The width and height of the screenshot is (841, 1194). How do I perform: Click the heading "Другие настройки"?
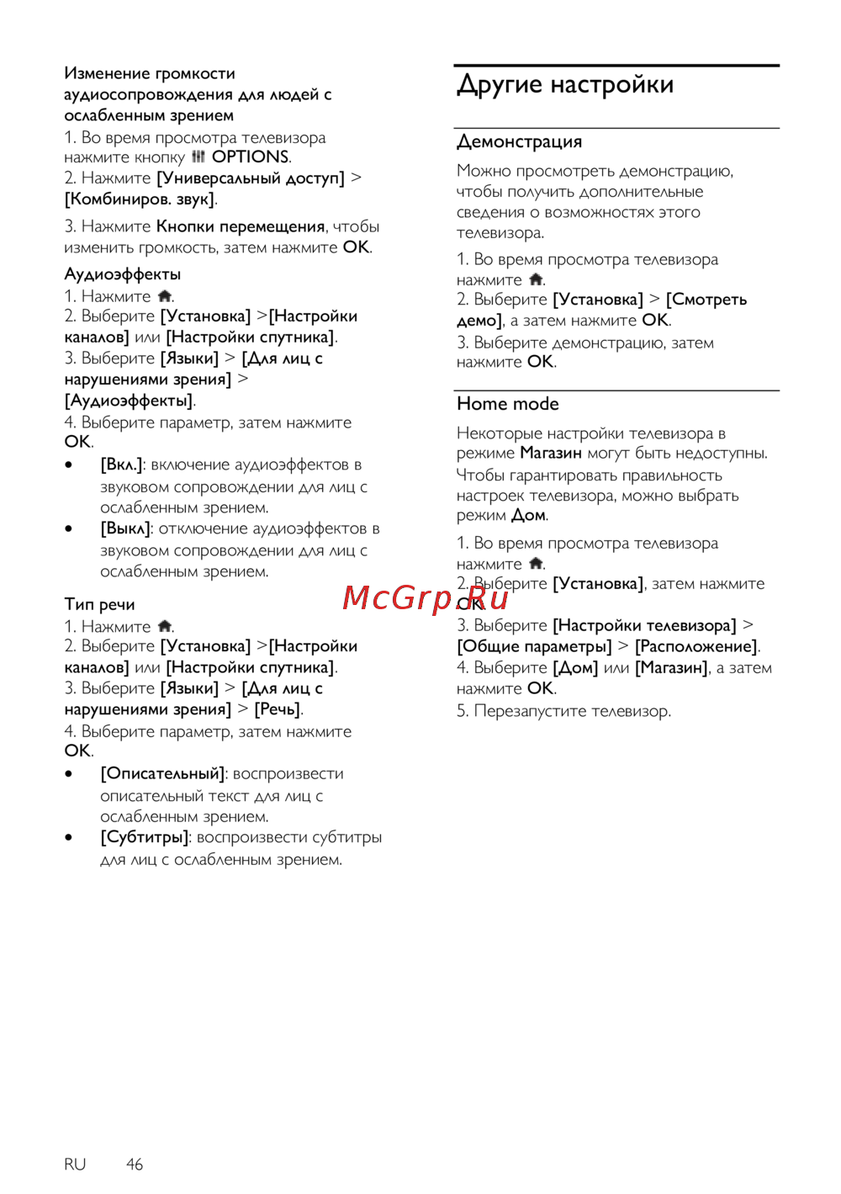(x=565, y=85)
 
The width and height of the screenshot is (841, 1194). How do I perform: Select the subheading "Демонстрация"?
(x=519, y=141)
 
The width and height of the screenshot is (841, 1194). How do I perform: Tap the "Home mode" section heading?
(x=507, y=404)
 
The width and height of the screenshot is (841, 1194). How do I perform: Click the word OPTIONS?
(x=250, y=157)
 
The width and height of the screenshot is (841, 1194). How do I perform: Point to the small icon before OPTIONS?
(x=198, y=157)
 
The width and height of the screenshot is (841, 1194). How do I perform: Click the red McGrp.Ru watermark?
(x=426, y=598)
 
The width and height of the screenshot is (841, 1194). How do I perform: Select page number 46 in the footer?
(x=135, y=1164)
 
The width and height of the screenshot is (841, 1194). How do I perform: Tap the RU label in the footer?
(x=75, y=1164)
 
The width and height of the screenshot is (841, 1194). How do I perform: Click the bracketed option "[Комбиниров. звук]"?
(x=140, y=199)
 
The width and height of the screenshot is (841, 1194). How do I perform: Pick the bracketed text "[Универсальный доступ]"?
(x=251, y=178)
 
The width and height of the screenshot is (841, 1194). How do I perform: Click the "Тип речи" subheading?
(x=99, y=604)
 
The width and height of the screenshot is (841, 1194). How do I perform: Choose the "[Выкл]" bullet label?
(x=125, y=528)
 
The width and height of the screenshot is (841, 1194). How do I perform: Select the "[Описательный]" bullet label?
(x=163, y=773)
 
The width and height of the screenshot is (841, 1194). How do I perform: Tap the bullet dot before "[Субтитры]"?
(x=69, y=838)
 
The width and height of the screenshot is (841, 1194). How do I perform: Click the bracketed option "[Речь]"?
(x=278, y=709)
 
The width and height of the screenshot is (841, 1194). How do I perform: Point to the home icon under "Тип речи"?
(x=165, y=626)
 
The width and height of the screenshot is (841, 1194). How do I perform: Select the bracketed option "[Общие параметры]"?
(x=534, y=646)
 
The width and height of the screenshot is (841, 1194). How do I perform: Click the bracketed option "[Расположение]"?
(x=696, y=646)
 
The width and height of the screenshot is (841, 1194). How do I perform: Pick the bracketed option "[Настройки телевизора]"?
(x=644, y=625)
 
